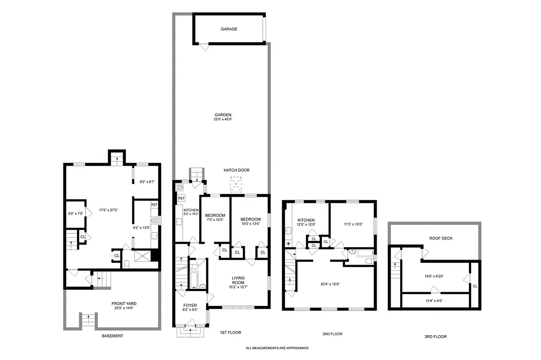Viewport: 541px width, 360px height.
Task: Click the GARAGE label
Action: click(x=229, y=29)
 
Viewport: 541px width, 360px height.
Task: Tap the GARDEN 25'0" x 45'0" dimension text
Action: click(x=223, y=119)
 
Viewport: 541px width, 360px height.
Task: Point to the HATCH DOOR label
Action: click(x=236, y=170)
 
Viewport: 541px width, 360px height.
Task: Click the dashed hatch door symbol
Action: click(x=236, y=184)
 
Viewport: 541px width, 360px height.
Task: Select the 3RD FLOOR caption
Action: click(x=435, y=336)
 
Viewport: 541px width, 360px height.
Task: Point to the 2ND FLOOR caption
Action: click(x=332, y=334)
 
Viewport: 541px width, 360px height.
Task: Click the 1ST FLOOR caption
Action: click(x=230, y=333)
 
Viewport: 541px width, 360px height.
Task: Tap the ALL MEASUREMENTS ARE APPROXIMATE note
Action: click(x=277, y=348)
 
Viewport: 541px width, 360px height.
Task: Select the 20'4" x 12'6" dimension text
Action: click(x=329, y=284)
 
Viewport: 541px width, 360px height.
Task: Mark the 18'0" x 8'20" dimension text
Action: click(x=433, y=277)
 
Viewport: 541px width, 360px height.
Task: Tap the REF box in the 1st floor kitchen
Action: click(x=181, y=198)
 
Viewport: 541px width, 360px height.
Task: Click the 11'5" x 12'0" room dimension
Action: click(x=353, y=224)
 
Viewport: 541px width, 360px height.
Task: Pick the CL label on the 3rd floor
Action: click(x=475, y=286)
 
